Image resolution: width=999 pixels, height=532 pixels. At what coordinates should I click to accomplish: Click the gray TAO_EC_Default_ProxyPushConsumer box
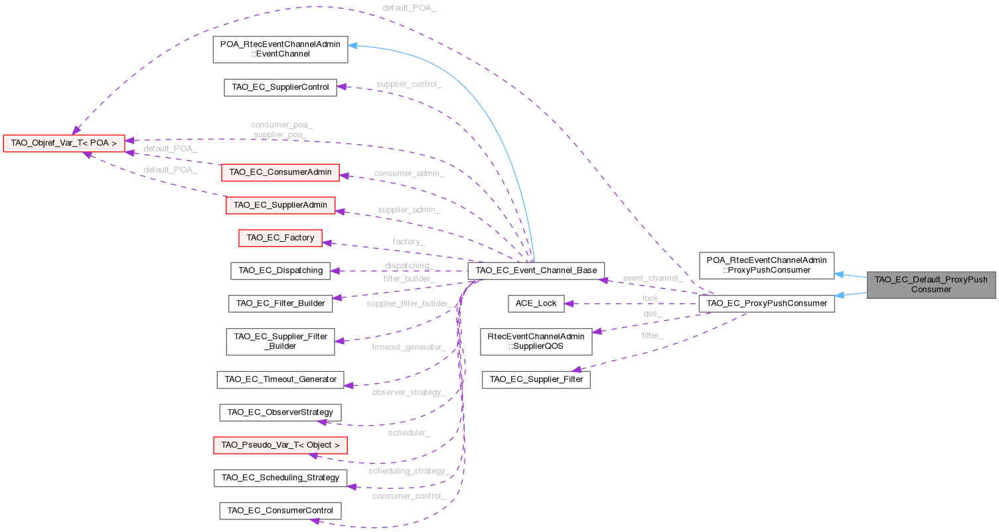pos(931,284)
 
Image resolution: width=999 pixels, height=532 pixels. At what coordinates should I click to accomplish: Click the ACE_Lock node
pos(536,304)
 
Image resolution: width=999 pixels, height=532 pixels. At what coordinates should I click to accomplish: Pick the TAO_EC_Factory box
pos(280,237)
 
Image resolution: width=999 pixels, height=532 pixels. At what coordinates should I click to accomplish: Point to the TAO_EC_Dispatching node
pos(279,270)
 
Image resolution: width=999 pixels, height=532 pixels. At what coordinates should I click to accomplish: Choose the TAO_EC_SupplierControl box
pos(280,87)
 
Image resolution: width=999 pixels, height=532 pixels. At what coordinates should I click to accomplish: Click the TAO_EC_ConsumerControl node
pos(280,511)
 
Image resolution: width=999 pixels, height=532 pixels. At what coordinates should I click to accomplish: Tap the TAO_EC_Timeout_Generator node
pos(280,379)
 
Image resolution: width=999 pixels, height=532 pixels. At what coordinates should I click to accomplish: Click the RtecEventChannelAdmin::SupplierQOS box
pos(536,341)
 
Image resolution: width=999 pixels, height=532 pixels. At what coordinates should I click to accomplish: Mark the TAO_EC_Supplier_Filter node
pos(536,380)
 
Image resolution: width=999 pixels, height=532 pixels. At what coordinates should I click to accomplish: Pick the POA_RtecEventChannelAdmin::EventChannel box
pos(280,49)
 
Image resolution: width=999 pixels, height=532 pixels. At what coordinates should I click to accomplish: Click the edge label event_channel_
pos(653,278)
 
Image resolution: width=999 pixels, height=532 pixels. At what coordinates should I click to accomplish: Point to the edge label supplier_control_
pos(409,84)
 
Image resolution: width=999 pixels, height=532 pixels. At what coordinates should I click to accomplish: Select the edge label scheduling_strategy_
pos(409,471)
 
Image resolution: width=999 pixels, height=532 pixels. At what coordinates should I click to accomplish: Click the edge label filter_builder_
pos(409,279)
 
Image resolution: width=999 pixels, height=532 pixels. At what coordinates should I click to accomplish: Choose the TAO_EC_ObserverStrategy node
pos(280,412)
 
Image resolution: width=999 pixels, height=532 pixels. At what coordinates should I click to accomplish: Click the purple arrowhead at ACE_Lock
pos(569,304)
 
